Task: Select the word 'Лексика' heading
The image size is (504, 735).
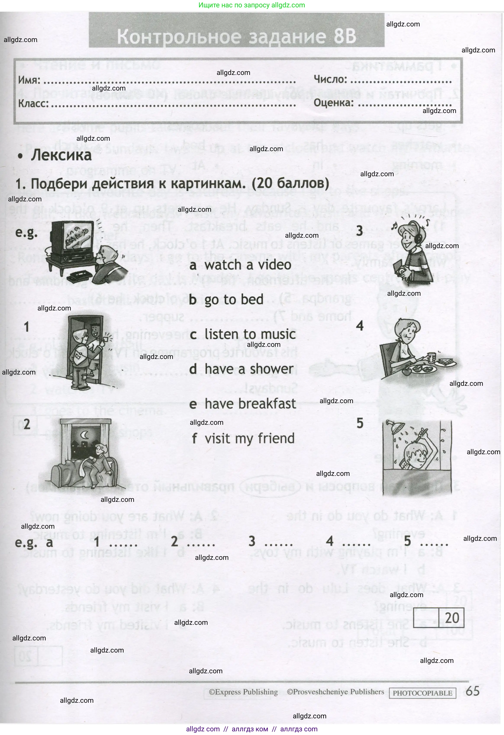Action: pos(61,155)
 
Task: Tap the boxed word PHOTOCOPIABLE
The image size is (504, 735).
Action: pos(422,693)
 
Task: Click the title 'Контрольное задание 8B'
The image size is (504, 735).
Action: pos(237,36)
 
